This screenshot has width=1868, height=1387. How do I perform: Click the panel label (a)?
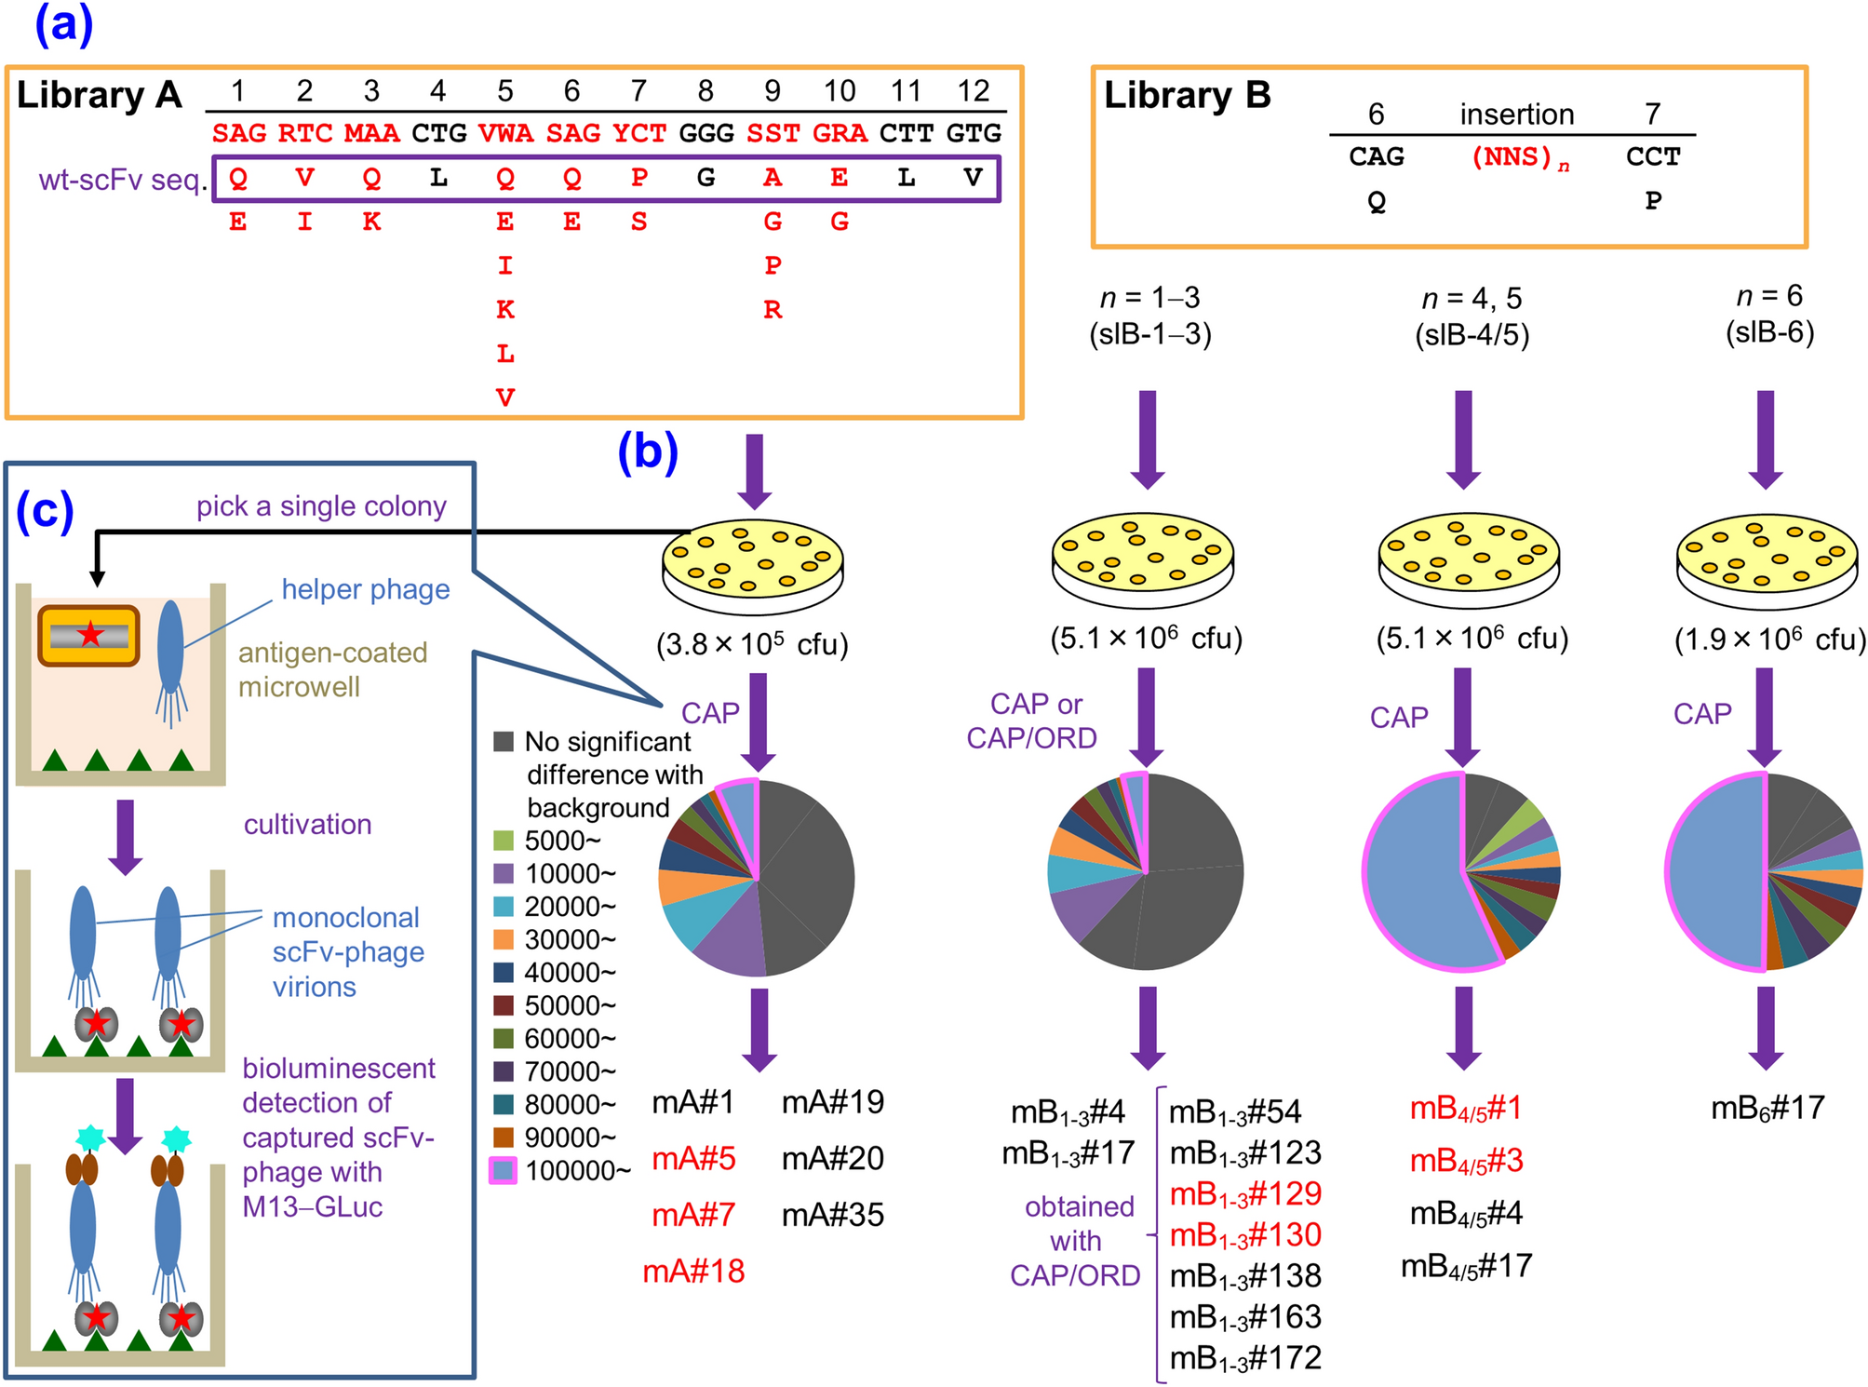coord(63,25)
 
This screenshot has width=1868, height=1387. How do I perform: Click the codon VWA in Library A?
coord(504,133)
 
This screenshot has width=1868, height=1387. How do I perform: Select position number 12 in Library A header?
coord(973,91)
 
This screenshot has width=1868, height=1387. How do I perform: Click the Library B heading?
coord(1187,96)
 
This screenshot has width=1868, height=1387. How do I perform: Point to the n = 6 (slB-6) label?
coord(1769,315)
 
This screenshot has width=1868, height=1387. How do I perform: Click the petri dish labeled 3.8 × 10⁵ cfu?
coord(752,564)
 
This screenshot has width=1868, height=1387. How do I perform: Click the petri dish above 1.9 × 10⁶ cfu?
coord(1766,559)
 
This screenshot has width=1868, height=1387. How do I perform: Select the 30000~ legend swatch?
coord(504,939)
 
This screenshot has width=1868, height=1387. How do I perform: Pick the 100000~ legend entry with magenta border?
coord(504,1170)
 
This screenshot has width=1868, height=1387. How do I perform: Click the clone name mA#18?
coord(693,1272)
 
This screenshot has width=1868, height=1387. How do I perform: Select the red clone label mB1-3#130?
coord(1244,1235)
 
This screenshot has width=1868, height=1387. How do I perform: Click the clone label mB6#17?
coord(1767,1109)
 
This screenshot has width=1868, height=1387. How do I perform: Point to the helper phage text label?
coord(365,589)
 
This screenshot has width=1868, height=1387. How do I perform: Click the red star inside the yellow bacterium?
coord(90,636)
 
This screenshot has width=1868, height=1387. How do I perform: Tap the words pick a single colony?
coord(320,506)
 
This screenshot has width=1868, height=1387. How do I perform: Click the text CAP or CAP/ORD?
coord(1033,720)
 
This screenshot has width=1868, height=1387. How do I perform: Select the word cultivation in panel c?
coord(307,825)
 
